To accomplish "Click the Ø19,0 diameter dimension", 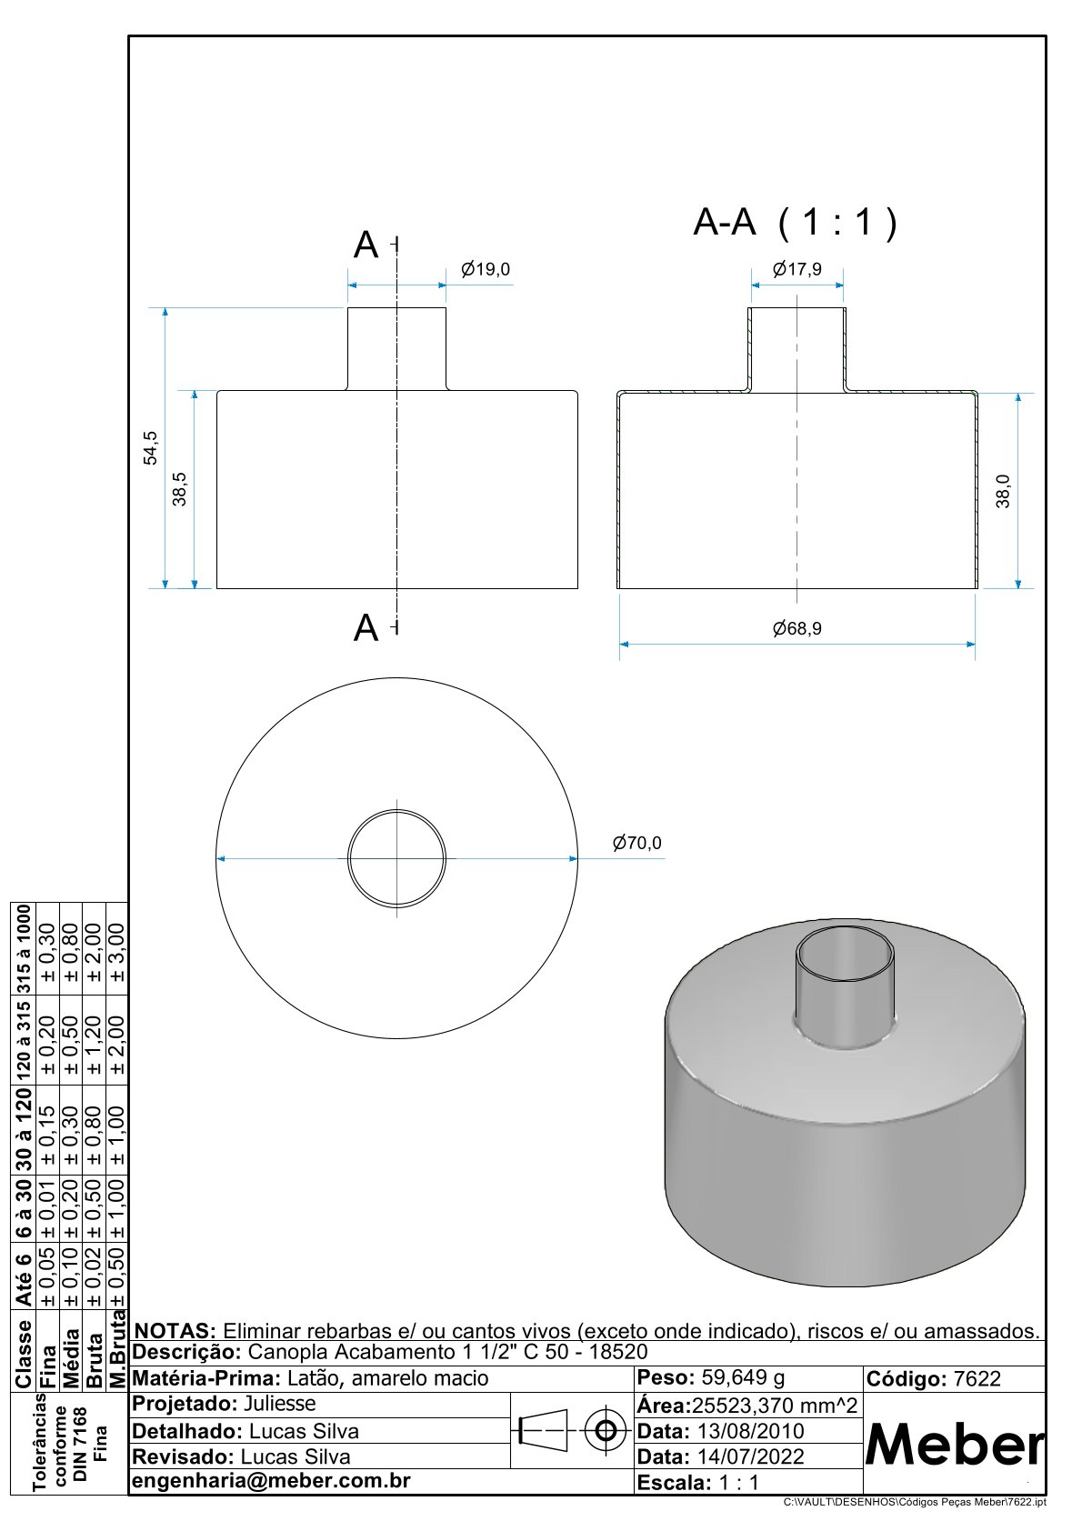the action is (x=486, y=269).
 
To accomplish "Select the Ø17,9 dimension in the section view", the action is (x=797, y=269).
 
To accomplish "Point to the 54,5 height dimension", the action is (x=150, y=447).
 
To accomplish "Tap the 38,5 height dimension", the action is (x=180, y=489).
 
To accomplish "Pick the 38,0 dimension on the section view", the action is (x=1003, y=491).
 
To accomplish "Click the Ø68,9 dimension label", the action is (x=797, y=628).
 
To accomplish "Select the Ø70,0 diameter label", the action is (x=637, y=843).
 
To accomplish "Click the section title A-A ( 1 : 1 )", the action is (x=795, y=222).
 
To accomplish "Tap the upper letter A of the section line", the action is (x=366, y=245).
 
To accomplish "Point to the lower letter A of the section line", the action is (x=366, y=627).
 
